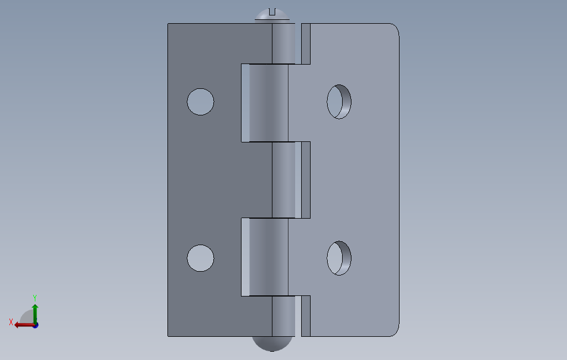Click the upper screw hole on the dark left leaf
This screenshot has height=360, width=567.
pos(201,102)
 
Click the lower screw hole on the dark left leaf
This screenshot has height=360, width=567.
pos(201,258)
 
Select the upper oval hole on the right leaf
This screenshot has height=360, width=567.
pos(339,102)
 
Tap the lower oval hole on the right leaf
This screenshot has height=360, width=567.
pos(339,258)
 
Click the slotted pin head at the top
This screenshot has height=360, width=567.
pos(272,15)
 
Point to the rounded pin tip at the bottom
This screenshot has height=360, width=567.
pos(272,344)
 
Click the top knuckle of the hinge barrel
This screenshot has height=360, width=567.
pos(283,44)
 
